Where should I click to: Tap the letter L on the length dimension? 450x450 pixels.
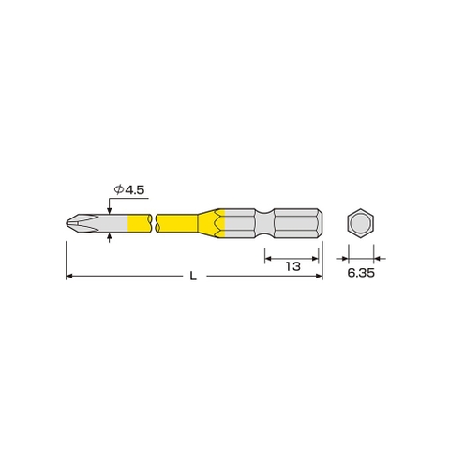[x=193, y=276]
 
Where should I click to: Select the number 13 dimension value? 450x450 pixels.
[x=292, y=266]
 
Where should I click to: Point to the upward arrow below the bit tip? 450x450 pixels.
[x=112, y=239]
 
